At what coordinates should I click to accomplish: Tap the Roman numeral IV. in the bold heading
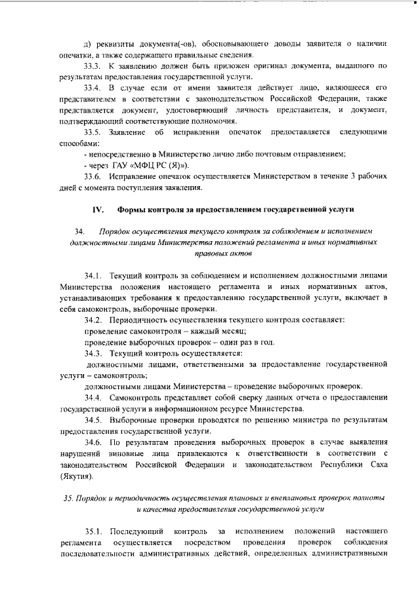click(98, 210)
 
